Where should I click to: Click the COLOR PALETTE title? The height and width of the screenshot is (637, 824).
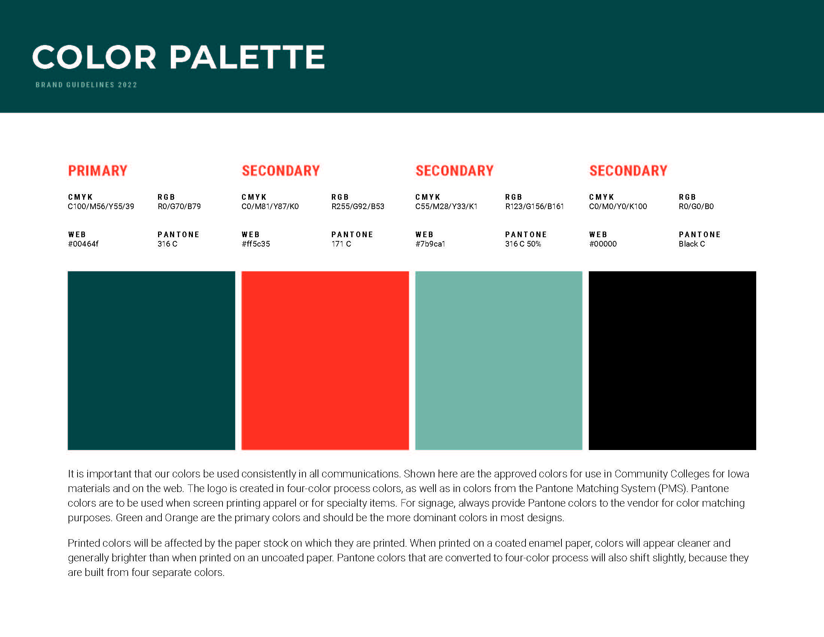point(178,57)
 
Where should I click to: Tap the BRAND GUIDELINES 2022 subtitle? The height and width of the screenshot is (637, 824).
point(87,85)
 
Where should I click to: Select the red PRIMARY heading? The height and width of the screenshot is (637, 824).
point(98,170)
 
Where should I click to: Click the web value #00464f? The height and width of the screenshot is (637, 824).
point(83,244)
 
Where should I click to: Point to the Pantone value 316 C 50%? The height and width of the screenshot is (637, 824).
point(523,244)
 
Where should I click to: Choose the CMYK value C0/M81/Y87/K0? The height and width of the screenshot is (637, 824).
point(270,206)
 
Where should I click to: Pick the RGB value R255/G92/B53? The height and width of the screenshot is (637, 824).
point(358,206)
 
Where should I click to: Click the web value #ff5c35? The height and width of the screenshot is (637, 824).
point(256,244)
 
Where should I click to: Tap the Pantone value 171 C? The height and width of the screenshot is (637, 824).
point(341,244)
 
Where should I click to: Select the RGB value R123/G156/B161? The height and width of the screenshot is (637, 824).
point(534,206)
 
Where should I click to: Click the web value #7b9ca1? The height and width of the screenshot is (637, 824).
point(430,244)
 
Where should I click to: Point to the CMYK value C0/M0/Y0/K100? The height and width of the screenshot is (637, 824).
point(618,206)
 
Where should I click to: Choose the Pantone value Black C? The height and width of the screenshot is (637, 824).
point(691,244)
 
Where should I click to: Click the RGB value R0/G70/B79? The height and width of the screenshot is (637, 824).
point(179,206)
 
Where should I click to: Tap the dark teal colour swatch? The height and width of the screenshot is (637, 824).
point(151,360)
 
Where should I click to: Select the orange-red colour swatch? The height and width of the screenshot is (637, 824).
point(325,360)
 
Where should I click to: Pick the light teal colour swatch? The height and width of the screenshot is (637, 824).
point(499,360)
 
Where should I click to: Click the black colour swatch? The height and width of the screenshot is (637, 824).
point(672,360)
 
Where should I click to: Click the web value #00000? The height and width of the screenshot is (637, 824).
point(603,244)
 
